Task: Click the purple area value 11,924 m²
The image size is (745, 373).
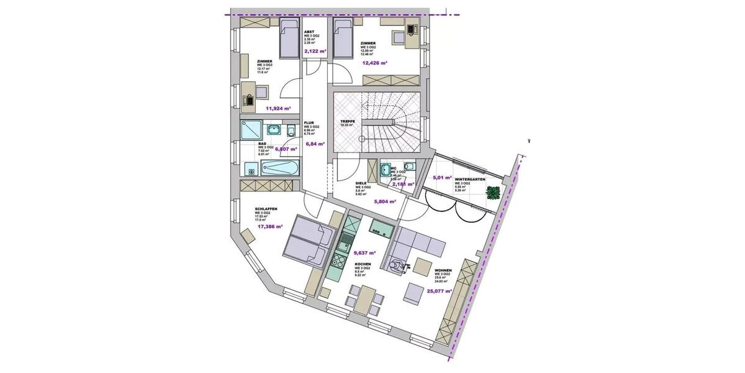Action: pyautogui.click(x=278, y=108)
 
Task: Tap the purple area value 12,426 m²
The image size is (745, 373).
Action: pyautogui.click(x=375, y=63)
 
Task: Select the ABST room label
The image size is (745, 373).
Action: pyautogui.click(x=309, y=32)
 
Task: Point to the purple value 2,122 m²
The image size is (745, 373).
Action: pyautogui.click(x=315, y=52)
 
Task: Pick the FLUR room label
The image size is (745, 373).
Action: pyautogui.click(x=309, y=123)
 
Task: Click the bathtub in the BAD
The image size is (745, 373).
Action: pyautogui.click(x=281, y=168)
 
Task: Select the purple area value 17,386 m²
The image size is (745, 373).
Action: pyautogui.click(x=269, y=228)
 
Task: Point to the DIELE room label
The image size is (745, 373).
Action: pyautogui.click(x=361, y=183)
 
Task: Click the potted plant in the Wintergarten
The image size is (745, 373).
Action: pyautogui.click(x=494, y=193)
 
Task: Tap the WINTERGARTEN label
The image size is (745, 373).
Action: pyautogui.click(x=469, y=178)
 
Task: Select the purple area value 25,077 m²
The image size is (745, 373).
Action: pyautogui.click(x=438, y=290)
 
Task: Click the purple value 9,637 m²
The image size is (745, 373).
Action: pyautogui.click(x=365, y=254)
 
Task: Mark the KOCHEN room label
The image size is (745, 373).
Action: pyautogui.click(x=363, y=264)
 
